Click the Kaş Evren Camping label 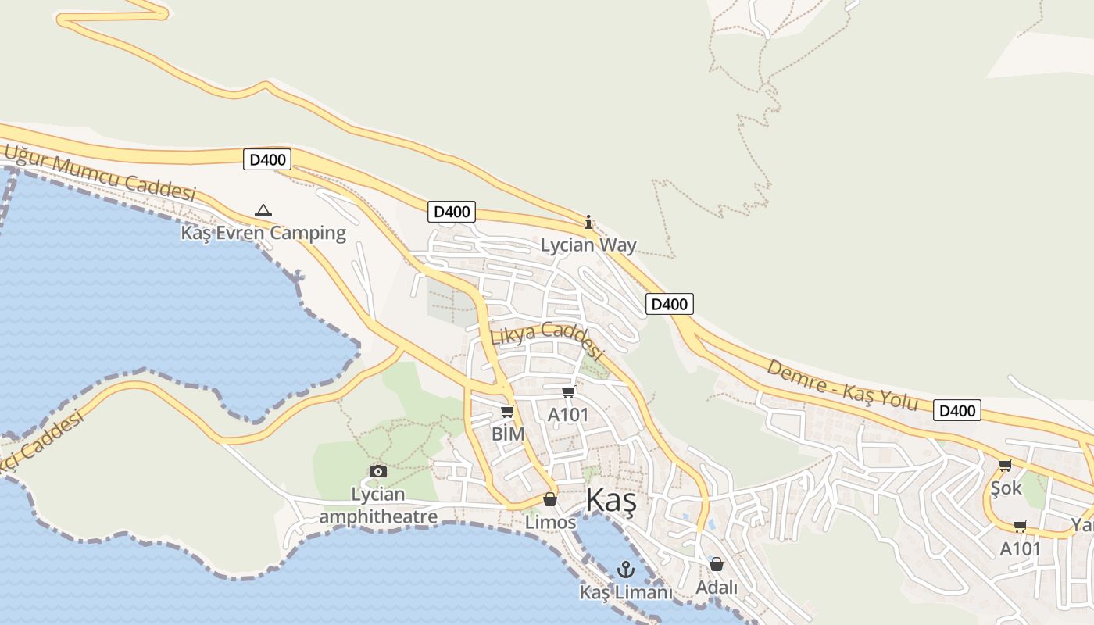263,232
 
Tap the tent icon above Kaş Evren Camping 263,210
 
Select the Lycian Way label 588,245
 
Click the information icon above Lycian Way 588,222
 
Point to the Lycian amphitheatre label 378,505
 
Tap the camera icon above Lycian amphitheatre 378,471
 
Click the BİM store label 508,434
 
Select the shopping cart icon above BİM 508,412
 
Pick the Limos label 550,521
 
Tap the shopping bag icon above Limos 550,499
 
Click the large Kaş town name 610,500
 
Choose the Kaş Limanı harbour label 625,592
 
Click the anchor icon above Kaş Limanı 625,570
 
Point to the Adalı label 717,587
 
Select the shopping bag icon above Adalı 717,564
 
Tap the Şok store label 1006,488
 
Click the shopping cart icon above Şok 1006,466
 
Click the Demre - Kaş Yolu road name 842,384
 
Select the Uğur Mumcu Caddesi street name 100,173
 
